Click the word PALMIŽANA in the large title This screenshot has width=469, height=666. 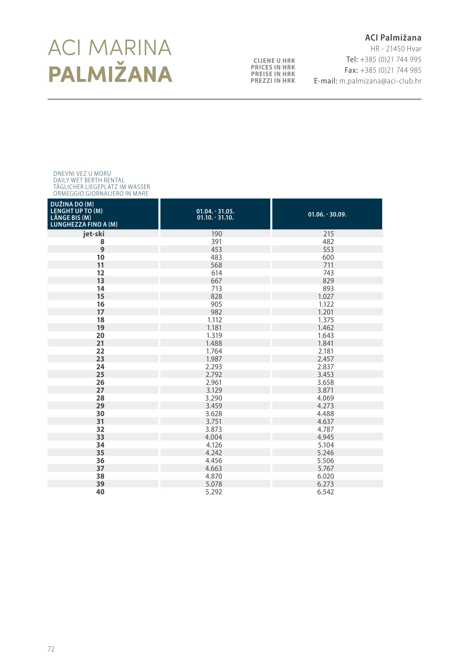[x=110, y=74]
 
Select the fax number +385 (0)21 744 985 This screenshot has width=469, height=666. [x=390, y=70]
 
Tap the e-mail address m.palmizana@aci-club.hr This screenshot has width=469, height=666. [x=380, y=81]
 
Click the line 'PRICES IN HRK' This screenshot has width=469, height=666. [x=273, y=67]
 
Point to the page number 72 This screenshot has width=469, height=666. [x=51, y=649]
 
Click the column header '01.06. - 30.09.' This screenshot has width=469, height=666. [x=327, y=214]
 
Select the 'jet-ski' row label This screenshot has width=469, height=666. [x=93, y=234]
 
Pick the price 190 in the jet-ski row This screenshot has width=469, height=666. [x=216, y=234]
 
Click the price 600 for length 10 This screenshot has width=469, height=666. [x=328, y=257]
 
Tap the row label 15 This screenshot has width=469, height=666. [x=100, y=296]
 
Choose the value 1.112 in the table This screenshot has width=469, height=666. [x=214, y=320]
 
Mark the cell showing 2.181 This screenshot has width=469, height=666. [x=326, y=351]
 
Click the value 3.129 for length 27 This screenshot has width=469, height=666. [x=214, y=390]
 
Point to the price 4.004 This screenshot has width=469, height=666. [x=214, y=437]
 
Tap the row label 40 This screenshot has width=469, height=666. [x=100, y=492]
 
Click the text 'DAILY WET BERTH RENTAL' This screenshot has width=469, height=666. [x=89, y=180]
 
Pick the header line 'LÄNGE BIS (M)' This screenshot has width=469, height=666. [x=71, y=218]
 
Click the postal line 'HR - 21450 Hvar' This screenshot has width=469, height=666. [x=396, y=49]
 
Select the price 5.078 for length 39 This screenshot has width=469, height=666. [x=214, y=484]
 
